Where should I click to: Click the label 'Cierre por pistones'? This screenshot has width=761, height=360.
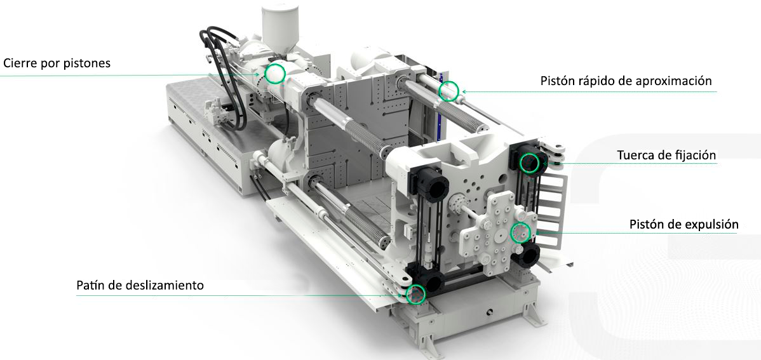57,63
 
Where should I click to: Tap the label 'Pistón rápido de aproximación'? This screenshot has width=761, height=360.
626,81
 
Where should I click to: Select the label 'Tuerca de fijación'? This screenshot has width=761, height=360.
666,156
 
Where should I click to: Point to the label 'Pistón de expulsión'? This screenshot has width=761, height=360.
684,225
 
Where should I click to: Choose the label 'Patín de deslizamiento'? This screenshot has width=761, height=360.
140,285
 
